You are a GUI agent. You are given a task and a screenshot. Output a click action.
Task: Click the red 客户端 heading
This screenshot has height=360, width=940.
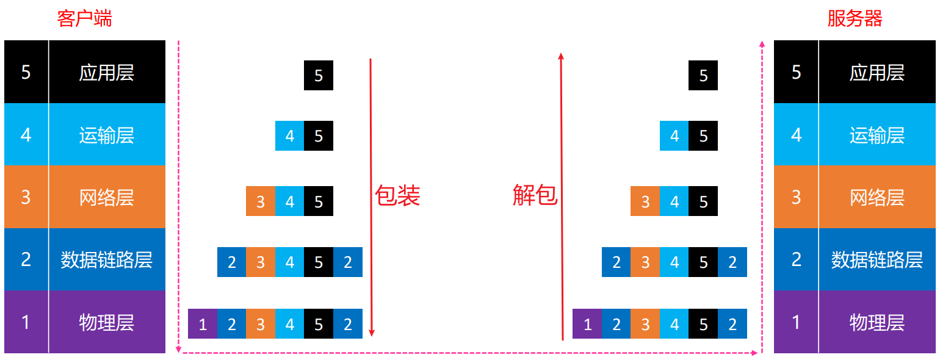(x=84, y=18)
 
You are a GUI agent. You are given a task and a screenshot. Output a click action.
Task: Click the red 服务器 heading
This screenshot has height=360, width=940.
(x=855, y=18)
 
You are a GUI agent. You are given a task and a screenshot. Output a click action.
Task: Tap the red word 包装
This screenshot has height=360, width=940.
(x=397, y=196)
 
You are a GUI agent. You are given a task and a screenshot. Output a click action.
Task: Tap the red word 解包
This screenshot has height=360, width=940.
(x=535, y=196)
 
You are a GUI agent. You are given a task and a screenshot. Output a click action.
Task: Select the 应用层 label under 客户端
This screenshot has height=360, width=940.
(x=106, y=73)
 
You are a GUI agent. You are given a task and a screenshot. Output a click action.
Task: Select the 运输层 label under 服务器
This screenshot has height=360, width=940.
(x=877, y=135)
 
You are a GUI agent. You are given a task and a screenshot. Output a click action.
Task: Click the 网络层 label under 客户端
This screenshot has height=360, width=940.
(x=106, y=198)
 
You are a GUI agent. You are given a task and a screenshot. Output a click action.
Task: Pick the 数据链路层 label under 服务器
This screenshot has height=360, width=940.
(x=877, y=260)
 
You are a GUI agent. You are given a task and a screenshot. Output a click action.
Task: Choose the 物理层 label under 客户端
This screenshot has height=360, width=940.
(x=106, y=322)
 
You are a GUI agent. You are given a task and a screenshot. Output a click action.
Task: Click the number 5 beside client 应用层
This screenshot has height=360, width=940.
(x=26, y=73)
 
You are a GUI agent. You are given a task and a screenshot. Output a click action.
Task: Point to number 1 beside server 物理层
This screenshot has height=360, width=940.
(x=796, y=322)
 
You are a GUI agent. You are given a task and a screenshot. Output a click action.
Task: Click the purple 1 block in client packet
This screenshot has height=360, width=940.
(x=203, y=324)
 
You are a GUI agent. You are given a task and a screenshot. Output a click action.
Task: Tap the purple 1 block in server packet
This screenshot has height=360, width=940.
(x=587, y=324)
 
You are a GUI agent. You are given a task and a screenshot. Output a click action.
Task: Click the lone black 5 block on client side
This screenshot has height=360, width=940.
(x=319, y=76)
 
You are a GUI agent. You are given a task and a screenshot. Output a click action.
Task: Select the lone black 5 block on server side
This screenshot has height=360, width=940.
(x=703, y=76)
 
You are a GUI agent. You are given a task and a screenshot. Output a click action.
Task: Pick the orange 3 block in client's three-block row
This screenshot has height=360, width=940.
(x=261, y=201)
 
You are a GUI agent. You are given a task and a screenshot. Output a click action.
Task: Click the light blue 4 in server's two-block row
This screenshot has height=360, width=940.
(x=674, y=136)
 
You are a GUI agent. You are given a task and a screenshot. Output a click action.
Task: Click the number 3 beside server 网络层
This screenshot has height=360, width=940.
(x=796, y=198)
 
